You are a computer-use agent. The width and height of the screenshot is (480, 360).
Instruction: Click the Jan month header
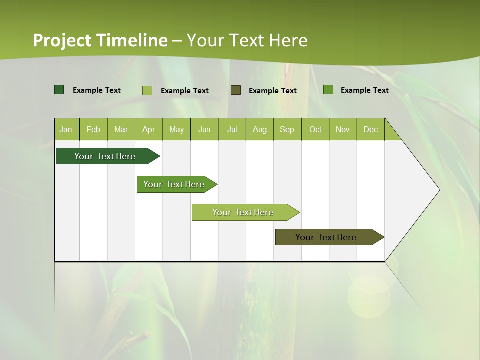(x=66, y=129)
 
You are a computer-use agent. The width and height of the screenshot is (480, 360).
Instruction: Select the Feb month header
(x=93, y=129)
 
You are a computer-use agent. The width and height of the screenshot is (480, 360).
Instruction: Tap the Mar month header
(x=121, y=129)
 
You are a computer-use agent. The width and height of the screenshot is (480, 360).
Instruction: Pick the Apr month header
(x=149, y=129)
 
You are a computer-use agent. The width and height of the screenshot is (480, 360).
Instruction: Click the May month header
(x=176, y=129)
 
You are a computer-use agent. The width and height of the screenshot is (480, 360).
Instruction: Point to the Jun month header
(x=204, y=129)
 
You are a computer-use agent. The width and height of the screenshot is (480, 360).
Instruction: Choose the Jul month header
(x=232, y=129)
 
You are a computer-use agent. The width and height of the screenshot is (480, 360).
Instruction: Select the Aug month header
(x=260, y=129)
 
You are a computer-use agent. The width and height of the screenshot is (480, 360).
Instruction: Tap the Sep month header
(x=287, y=129)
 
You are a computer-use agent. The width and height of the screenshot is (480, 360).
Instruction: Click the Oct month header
(x=315, y=129)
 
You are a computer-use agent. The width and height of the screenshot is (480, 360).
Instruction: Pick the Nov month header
(x=343, y=129)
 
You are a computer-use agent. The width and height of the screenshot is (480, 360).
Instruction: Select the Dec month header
(x=371, y=129)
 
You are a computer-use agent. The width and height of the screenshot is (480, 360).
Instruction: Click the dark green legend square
(x=59, y=90)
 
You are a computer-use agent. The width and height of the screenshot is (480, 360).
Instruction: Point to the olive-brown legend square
(x=236, y=90)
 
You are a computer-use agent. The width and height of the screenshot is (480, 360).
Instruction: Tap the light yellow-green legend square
(x=147, y=90)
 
